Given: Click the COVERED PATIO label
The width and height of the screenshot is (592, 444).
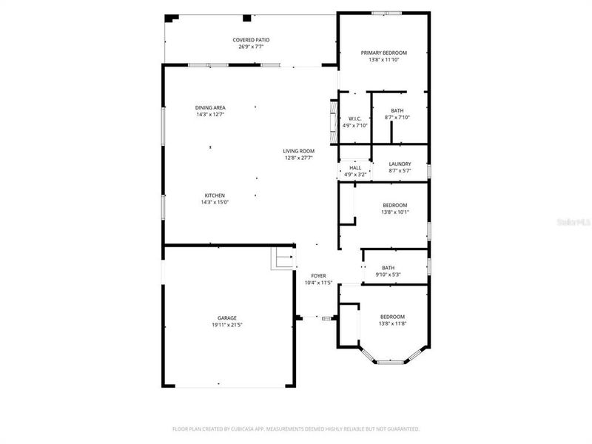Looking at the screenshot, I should click(x=251, y=40).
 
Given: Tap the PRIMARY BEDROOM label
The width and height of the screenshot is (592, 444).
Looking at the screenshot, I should click(x=384, y=53).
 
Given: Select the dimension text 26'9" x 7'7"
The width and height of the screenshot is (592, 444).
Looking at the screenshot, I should click(x=251, y=47).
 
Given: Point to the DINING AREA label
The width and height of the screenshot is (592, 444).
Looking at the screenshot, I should click(x=210, y=108).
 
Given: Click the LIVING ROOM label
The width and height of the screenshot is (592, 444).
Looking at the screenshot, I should click(x=299, y=151).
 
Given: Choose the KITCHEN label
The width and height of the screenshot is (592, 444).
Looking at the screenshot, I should click(x=210, y=195).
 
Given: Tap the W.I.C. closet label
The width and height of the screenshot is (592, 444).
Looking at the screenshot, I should click(x=354, y=119).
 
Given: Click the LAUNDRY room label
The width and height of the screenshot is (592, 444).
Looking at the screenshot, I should click(x=400, y=164).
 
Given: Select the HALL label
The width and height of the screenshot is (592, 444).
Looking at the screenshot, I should click(x=355, y=168).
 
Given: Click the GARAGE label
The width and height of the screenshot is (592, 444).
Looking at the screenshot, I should click(x=226, y=318).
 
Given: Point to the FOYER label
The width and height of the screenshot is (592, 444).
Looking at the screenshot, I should click(x=318, y=276).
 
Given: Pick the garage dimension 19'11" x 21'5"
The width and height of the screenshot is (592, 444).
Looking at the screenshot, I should click(x=226, y=325).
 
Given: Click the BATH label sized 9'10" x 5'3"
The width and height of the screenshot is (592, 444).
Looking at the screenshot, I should click(x=388, y=268).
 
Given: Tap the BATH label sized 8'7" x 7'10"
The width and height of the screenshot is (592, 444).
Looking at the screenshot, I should click(x=397, y=111).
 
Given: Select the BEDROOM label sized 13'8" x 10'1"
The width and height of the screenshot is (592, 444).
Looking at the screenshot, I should click(x=394, y=205).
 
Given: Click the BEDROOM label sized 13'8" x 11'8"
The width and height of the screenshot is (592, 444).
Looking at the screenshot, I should click(x=392, y=316).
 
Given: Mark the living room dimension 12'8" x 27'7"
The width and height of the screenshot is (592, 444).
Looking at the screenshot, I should click(x=299, y=158).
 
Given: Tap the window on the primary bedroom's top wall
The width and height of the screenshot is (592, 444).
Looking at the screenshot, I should click(x=386, y=13).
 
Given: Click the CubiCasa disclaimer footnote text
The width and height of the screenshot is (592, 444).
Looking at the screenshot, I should click(x=296, y=428).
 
